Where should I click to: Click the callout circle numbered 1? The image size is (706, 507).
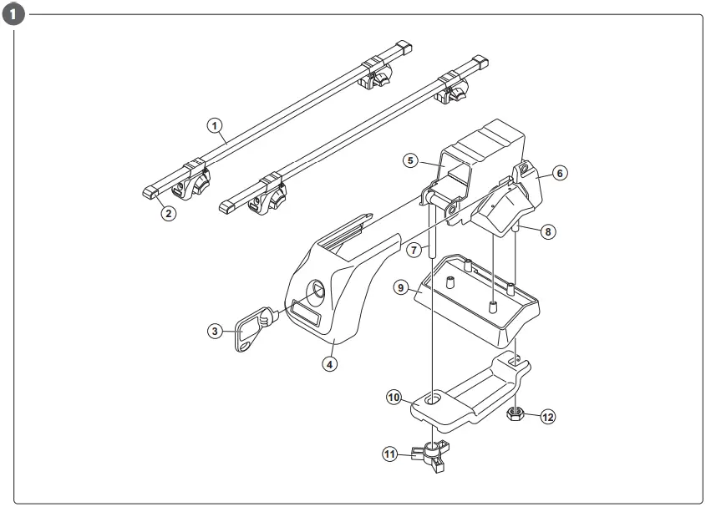click(x=215, y=127)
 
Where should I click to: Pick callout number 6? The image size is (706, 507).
click(x=560, y=173)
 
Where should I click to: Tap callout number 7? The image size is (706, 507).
click(x=413, y=250)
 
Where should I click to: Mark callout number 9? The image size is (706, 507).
click(x=401, y=287)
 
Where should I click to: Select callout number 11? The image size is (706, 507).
click(x=389, y=454)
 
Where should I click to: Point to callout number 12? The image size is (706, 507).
click(x=547, y=416)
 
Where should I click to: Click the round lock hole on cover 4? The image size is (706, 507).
click(x=320, y=292)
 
